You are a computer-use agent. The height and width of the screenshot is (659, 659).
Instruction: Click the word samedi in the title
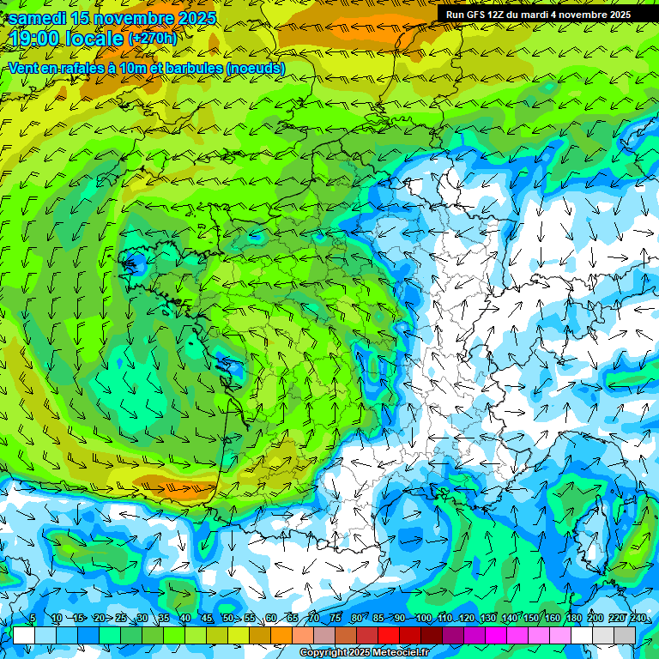[38, 18]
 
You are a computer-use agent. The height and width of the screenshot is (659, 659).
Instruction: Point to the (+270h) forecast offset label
[152, 38]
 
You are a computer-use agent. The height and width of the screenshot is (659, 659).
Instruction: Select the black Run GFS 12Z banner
[538, 15]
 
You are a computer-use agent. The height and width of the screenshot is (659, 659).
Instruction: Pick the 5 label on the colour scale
[33, 619]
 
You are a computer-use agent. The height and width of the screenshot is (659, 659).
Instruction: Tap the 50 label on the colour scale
[227, 619]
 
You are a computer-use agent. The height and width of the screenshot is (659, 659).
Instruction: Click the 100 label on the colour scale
[422, 619]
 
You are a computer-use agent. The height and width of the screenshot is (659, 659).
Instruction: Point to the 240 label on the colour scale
[638, 619]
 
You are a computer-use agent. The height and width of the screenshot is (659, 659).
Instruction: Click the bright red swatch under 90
[390, 635]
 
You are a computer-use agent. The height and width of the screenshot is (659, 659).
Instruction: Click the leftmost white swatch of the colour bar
[24, 635]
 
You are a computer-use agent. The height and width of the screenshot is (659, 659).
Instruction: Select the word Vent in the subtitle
[24, 69]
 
